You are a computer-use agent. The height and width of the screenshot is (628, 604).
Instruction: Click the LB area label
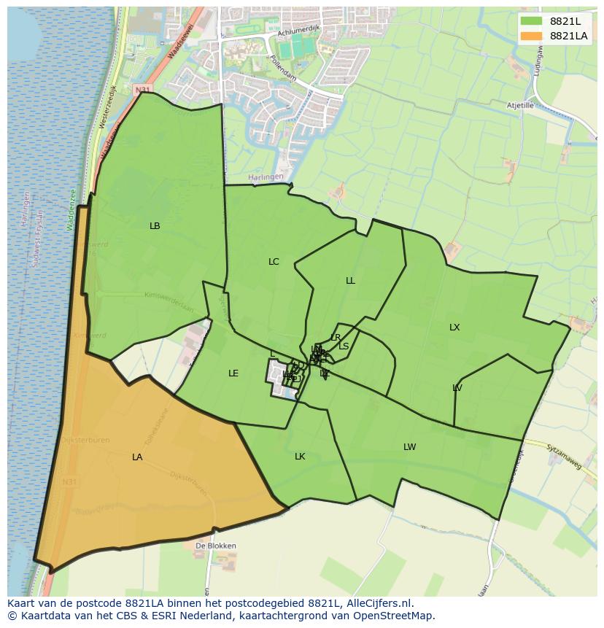[155, 226]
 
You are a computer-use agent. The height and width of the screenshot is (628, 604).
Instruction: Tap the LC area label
[274, 262]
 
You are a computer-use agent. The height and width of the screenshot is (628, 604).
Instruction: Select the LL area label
[350, 281]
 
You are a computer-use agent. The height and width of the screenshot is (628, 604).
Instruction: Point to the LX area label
[454, 327]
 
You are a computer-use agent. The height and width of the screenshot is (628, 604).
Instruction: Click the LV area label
[457, 388]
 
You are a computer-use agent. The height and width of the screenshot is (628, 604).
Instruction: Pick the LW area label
[409, 447]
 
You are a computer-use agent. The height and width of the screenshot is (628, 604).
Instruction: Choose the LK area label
[300, 457]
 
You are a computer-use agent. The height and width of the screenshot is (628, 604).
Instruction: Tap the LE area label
[233, 373]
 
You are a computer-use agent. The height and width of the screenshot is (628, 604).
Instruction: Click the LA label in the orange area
[137, 457]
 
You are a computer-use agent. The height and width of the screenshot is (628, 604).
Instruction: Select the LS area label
[344, 346]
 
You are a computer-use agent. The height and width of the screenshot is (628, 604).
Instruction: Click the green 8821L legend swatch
[532, 21]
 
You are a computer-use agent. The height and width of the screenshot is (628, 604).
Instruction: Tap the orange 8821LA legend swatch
[532, 36]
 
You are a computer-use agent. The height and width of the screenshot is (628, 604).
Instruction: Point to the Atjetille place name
[521, 105]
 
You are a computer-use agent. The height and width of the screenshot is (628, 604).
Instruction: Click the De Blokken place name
[216, 546]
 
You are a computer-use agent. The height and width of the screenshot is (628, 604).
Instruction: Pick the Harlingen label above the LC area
[263, 177]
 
